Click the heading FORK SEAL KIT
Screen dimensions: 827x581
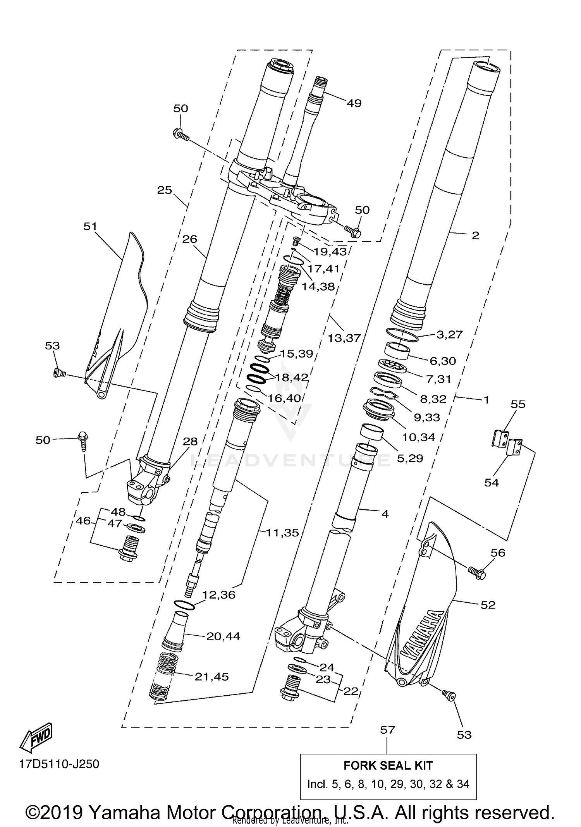click(x=388, y=766)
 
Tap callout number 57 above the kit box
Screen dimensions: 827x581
click(x=387, y=730)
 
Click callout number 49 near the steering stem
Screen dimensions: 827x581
click(x=354, y=103)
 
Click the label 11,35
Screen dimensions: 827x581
click(x=282, y=533)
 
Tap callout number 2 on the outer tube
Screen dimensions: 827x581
click(x=475, y=236)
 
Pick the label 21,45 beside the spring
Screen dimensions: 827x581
click(x=211, y=677)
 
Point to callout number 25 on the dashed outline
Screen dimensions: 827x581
click(x=164, y=190)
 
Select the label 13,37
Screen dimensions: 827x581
click(x=344, y=338)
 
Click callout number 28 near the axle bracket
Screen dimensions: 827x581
click(x=190, y=441)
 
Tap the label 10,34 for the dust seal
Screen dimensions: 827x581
click(x=418, y=437)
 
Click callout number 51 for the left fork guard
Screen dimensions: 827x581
click(x=90, y=226)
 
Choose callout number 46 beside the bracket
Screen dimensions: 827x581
click(x=83, y=521)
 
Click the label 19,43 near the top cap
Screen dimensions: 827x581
click(x=330, y=252)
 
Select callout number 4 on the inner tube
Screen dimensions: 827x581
click(x=385, y=514)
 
